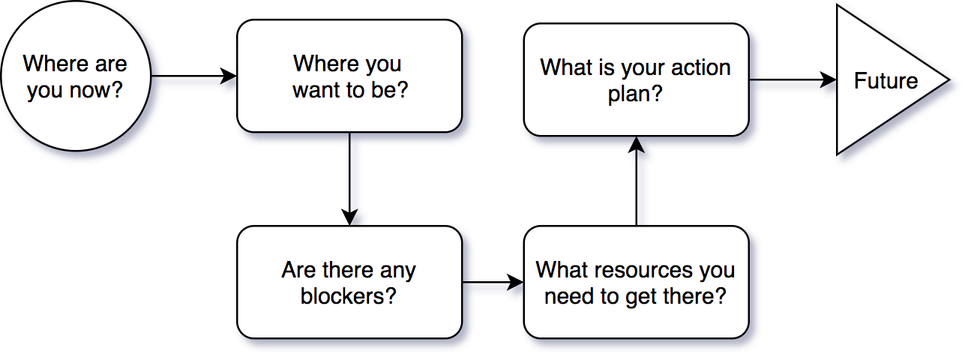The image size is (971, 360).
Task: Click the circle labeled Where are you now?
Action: [76, 76]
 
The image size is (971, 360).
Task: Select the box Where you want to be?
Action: [349, 76]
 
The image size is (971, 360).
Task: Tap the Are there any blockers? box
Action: [349, 282]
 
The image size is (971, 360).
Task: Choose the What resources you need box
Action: [637, 282]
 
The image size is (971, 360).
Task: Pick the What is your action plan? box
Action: [637, 79]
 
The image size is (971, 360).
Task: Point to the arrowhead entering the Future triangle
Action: [829, 79]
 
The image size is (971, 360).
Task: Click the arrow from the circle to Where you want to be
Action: [193, 76]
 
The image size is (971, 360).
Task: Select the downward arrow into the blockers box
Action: [349, 178]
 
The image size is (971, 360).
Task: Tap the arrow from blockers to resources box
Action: [493, 282]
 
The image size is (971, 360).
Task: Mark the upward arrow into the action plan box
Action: [637, 181]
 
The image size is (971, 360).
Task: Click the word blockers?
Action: [349, 296]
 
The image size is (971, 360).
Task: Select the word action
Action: [700, 68]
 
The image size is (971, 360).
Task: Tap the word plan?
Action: [635, 94]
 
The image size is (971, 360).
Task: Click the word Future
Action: [886, 81]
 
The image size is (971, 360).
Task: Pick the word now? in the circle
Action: [96, 90]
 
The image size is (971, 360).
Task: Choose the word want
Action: [316, 90]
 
